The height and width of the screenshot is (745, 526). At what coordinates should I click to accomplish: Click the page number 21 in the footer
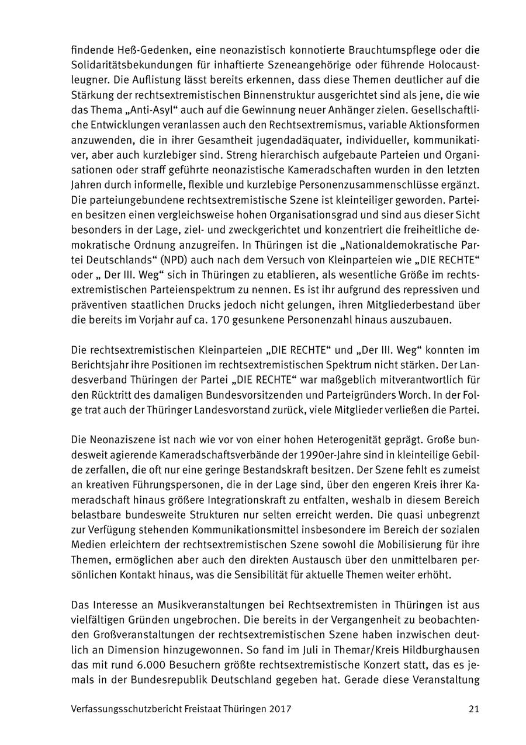(473, 709)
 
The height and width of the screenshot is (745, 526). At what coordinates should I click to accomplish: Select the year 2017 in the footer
(281, 709)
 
